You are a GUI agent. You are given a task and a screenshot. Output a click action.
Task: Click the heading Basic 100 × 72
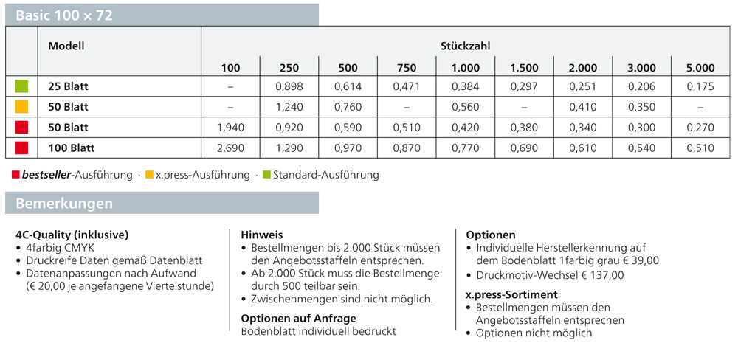64,15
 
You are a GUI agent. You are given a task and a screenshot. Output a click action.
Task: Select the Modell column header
66,46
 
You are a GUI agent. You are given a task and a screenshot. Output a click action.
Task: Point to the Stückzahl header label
466,46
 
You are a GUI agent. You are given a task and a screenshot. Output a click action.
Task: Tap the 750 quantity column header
407,68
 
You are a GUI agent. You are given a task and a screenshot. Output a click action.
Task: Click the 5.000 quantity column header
700,68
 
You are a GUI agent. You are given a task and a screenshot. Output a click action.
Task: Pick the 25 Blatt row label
68,86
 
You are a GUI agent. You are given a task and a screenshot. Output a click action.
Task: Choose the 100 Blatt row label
72,148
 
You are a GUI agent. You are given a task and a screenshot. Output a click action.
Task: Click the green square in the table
21,86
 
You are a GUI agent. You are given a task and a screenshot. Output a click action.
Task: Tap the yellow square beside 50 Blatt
21,107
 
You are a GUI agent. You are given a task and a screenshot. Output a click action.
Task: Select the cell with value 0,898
289,86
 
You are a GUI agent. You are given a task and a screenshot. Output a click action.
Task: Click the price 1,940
231,128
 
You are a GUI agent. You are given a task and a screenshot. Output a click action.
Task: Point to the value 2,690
231,148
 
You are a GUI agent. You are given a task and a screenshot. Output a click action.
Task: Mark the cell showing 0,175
700,86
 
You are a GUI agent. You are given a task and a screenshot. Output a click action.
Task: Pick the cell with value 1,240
289,107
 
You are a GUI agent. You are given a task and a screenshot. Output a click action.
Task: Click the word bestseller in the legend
46,176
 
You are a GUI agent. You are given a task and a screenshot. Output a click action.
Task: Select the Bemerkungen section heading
64,203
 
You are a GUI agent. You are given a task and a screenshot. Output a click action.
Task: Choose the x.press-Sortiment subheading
511,294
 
